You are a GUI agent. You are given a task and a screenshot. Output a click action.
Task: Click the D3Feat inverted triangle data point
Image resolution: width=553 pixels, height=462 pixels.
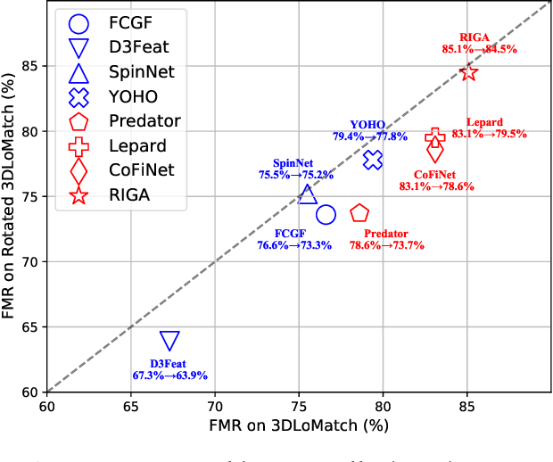169,340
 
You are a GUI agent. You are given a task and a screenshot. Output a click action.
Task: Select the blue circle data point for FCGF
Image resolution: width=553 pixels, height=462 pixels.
326,214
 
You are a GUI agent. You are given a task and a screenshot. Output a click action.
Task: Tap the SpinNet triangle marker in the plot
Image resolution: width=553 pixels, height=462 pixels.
308,194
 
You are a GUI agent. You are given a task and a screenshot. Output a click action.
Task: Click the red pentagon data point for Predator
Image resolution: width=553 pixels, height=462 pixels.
359,213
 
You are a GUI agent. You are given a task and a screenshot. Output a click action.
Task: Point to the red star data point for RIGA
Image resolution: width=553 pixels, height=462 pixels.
468,72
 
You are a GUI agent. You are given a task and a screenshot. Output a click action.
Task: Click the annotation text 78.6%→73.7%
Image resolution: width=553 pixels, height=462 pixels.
386,245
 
